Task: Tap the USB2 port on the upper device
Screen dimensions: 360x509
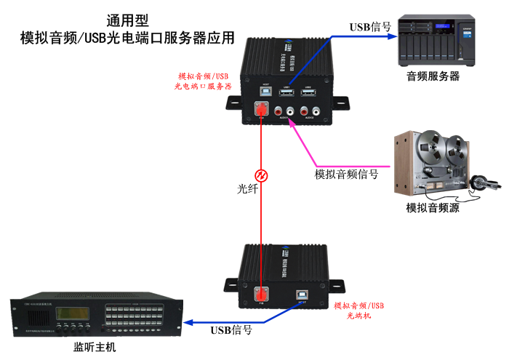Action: pyautogui.click(x=308, y=94)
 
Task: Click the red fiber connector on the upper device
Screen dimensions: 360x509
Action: pyautogui.click(x=260, y=111)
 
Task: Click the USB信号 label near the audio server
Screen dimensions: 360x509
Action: pyautogui.click(x=370, y=27)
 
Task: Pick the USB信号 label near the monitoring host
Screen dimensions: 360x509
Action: pyautogui.click(x=231, y=330)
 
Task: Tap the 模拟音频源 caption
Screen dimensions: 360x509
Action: pyautogui.click(x=433, y=208)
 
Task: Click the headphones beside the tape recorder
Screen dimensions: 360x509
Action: pyautogui.click(x=480, y=183)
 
